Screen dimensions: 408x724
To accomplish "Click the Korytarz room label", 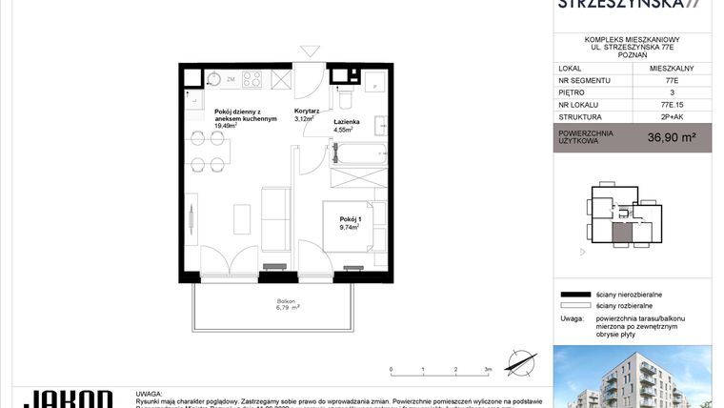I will point(307,111).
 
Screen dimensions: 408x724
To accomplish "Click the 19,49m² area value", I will point(225,126).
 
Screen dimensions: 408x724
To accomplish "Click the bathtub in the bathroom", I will point(358,153).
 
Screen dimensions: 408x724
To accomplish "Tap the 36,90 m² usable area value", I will point(672,136).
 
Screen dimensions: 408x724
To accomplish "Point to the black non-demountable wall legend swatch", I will point(574,296).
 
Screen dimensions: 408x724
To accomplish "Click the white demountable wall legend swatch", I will point(574,305).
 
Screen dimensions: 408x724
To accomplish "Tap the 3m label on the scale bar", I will point(488,368).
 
